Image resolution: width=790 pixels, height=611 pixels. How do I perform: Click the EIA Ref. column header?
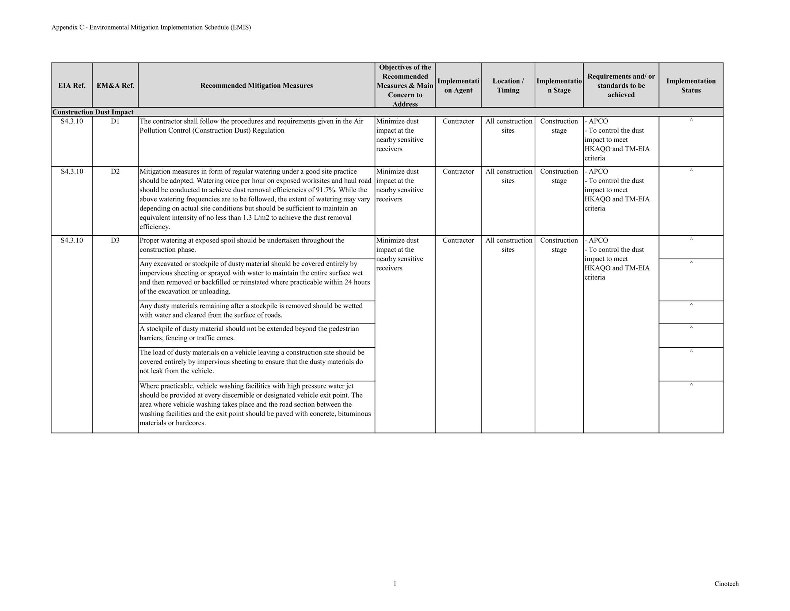coord(72,86)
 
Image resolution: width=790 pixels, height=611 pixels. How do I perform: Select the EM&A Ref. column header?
coord(115,86)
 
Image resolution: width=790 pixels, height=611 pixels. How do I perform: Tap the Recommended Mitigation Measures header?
coord(256,86)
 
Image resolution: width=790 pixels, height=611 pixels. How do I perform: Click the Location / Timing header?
coord(508,86)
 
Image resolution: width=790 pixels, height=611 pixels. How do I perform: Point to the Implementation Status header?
coord(691,86)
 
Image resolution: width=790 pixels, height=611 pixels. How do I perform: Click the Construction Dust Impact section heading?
coord(93,112)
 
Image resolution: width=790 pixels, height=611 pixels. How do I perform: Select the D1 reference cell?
coord(115,121)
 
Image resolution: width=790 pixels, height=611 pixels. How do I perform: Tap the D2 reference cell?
coord(115,171)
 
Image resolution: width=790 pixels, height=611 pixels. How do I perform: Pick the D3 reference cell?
coord(115,240)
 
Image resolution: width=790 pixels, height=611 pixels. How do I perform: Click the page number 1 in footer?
coord(395,584)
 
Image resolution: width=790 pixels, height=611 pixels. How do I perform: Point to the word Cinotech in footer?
coord(726,584)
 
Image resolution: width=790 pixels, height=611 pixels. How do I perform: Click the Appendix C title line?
coord(151,27)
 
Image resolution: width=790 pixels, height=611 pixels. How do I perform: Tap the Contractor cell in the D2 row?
coord(458,171)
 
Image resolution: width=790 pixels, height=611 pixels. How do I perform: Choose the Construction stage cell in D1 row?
coord(559,126)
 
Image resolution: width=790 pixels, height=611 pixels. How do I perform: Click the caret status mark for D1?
coord(691,120)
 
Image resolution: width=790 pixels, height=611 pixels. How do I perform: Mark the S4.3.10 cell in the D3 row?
coord(72,240)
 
